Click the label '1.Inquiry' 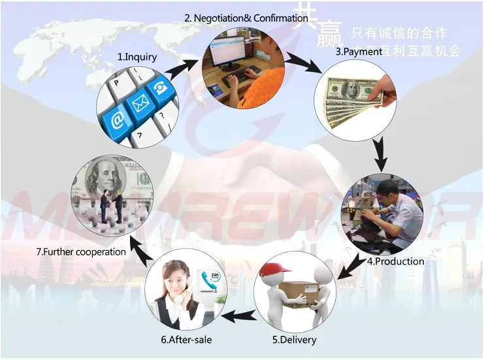point(137,57)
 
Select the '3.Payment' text point(359,52)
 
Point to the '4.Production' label point(395,261)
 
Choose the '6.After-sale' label point(186,340)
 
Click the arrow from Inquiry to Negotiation point(184,65)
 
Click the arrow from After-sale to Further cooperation point(139,245)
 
